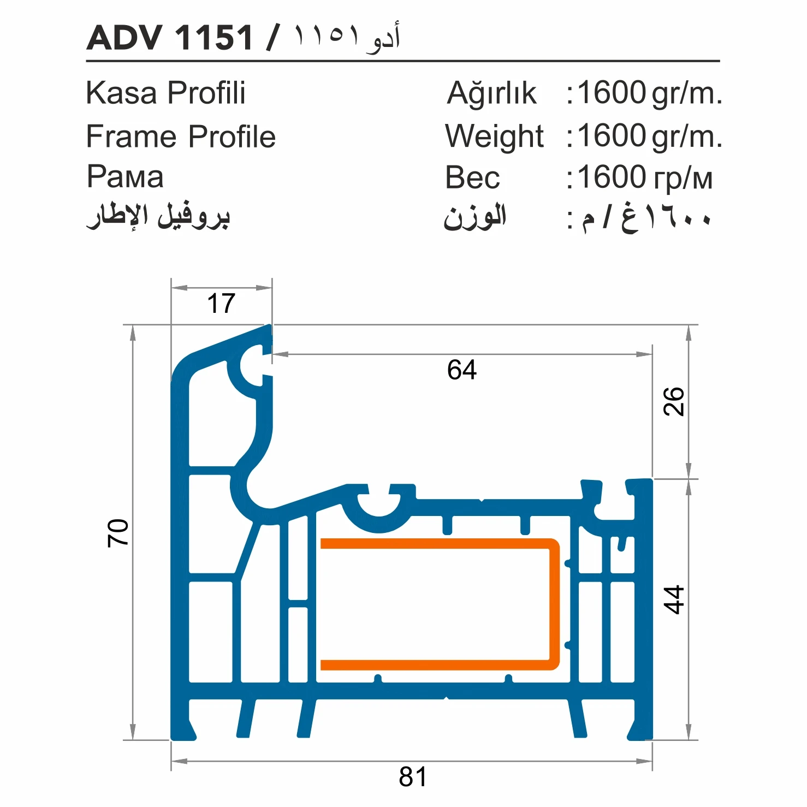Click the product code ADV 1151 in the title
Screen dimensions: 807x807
[170, 38]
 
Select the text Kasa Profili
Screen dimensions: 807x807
[165, 93]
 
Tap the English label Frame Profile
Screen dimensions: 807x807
[181, 136]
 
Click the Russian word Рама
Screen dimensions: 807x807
[125, 177]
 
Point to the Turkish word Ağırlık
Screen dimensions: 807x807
[491, 93]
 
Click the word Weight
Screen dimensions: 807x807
[494, 136]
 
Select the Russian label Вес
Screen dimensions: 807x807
[472, 177]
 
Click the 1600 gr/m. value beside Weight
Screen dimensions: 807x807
[649, 136]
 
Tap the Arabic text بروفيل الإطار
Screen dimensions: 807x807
[158, 216]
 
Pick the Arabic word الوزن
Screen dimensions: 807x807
[474, 217]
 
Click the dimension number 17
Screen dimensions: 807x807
[221, 304]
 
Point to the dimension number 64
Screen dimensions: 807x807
[461, 370]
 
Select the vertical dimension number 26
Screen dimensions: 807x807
[674, 401]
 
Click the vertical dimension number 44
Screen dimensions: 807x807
[674, 600]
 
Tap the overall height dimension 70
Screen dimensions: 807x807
[118, 533]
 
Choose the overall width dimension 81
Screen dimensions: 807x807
[413, 776]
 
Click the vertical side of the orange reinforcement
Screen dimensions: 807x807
[554, 604]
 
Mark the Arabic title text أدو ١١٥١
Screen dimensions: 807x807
[347, 37]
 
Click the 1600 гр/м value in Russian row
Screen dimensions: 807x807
[644, 177]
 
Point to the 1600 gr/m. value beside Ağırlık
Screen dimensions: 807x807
[649, 93]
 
